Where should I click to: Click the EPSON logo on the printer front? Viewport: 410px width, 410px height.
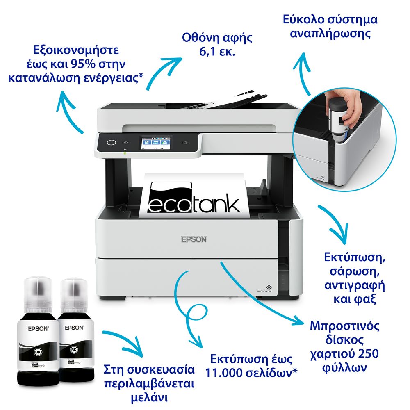click(194, 239)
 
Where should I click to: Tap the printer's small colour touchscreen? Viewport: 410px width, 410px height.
click(155, 143)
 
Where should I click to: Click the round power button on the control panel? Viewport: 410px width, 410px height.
click(112, 143)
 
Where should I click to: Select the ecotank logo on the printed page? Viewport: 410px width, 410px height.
click(194, 197)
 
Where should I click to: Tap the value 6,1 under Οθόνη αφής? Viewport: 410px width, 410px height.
click(207, 52)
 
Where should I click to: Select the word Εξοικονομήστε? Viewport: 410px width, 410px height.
click(76, 50)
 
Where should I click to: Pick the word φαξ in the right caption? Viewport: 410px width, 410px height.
click(365, 299)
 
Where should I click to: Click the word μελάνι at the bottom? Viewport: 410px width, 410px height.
click(149, 398)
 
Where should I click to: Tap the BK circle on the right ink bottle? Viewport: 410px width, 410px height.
click(74, 350)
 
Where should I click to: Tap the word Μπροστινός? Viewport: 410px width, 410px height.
click(344, 326)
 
